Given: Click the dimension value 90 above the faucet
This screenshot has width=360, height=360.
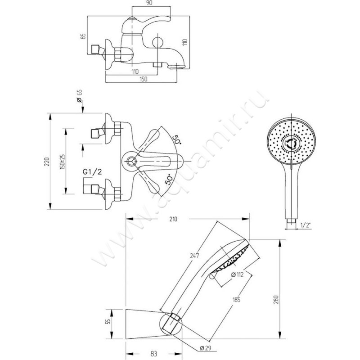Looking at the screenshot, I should click(151, 4).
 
